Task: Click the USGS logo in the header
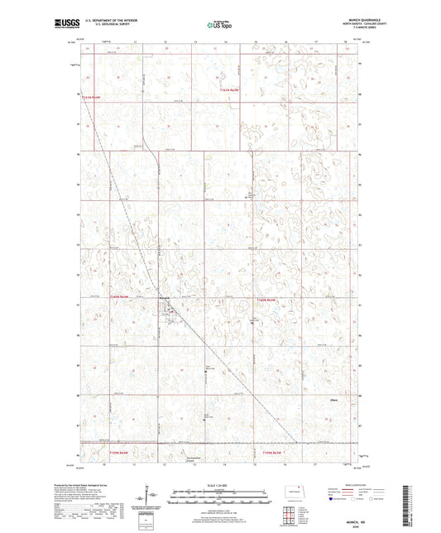tap(64, 25)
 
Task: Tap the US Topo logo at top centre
tap(220, 26)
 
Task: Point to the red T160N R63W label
tap(270, 299)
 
